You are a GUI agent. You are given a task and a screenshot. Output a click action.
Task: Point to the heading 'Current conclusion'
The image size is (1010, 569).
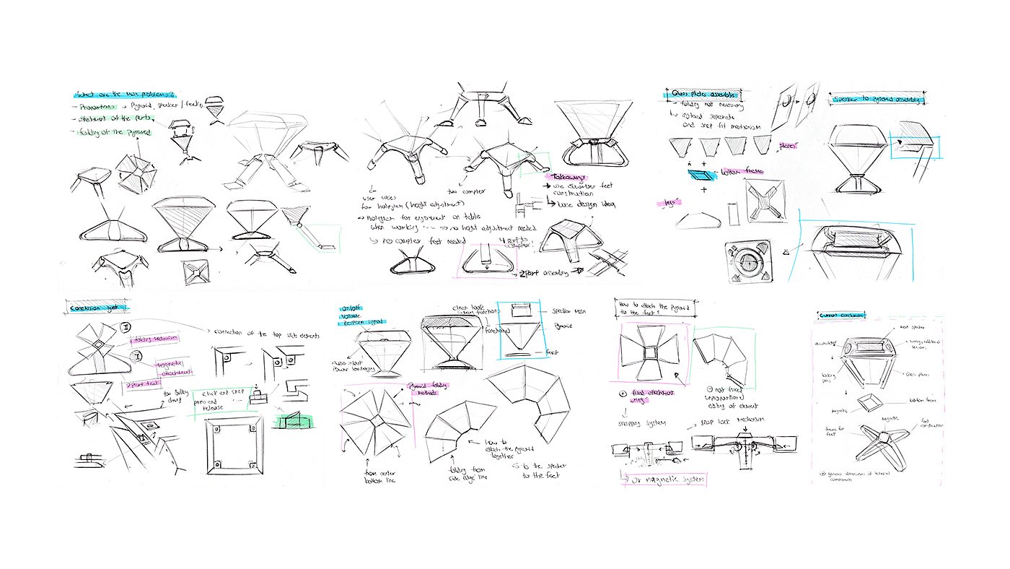tap(842, 315)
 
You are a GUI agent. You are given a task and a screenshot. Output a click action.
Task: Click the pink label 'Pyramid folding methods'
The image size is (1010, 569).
tap(429, 388)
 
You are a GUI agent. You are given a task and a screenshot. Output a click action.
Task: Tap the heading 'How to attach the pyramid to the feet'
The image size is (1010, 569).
tap(654, 308)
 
